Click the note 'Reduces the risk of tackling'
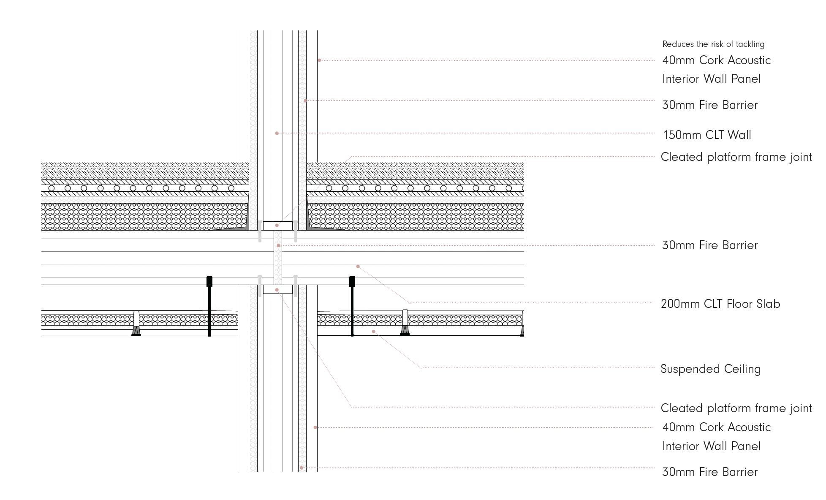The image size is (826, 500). coord(713,44)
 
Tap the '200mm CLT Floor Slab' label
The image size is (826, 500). coord(720,304)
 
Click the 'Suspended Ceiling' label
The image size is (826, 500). coord(711,369)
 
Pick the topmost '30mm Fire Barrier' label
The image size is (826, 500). coord(710,105)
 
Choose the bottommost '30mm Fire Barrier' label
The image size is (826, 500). coord(710,472)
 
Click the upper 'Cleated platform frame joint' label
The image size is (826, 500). coord(736,157)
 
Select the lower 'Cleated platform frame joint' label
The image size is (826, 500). coord(736,408)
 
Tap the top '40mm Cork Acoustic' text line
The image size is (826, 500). coord(716,60)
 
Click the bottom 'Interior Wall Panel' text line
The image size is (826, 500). coord(711,446)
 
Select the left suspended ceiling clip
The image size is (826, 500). coord(136,324)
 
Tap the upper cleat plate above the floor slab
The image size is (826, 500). coord(277,226)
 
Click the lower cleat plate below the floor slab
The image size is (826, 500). coord(277,289)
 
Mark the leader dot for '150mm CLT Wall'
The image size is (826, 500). coord(277,133)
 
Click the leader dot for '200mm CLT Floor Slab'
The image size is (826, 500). coord(358,266)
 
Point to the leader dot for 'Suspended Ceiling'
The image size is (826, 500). coord(373,332)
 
